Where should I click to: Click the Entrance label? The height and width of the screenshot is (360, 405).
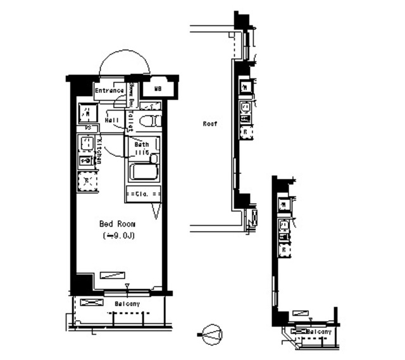(x=109, y=90)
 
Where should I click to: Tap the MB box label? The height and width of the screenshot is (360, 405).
(x=157, y=89)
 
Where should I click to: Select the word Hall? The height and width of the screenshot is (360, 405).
(x=113, y=119)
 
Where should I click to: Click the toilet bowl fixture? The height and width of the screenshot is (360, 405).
(x=149, y=120)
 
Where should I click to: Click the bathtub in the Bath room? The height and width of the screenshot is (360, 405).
(x=144, y=172)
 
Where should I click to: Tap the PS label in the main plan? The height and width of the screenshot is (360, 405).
(x=88, y=128)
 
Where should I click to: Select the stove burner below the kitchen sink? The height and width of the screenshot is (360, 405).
(x=86, y=161)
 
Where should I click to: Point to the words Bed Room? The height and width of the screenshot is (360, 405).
(x=117, y=224)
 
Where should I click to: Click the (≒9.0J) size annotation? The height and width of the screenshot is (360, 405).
(x=120, y=236)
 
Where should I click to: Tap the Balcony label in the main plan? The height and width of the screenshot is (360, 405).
(x=127, y=304)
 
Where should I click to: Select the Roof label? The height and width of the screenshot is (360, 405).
(x=209, y=124)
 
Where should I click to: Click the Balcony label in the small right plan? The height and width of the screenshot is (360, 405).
(x=318, y=332)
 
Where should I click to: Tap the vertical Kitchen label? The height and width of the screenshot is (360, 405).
(x=100, y=151)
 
